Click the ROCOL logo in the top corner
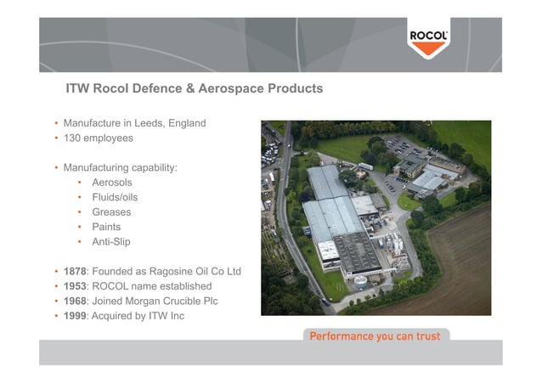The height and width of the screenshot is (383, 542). pos(429,40)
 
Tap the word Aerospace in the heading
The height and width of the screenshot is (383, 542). pos(238,88)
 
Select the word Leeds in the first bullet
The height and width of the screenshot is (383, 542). pos(150,123)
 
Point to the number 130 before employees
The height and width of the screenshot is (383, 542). pos(73,138)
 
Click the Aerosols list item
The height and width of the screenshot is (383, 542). pos(111,183)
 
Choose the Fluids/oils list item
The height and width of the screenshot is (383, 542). pos(115,197)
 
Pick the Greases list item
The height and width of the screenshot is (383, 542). pos(111,212)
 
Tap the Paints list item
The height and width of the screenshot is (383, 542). pos(106,227)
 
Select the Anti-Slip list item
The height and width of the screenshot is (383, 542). pos(110,242)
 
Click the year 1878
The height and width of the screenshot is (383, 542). pos(76,272)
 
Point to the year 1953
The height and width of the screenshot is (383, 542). pos(76,286)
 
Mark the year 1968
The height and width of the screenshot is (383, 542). pos(76,301)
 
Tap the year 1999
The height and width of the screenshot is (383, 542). pos(76,316)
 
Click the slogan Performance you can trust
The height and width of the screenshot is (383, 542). pos(375,336)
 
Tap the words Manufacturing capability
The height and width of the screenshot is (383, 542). pos(120,167)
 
